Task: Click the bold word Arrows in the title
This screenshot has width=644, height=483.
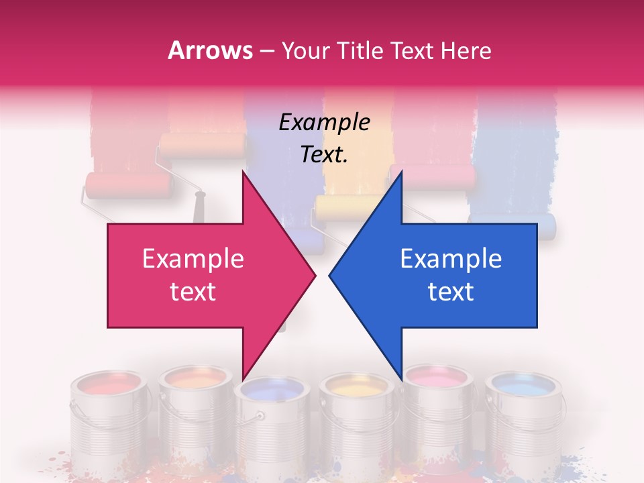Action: [x=211, y=50]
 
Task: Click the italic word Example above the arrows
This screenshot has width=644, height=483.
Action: [x=324, y=123]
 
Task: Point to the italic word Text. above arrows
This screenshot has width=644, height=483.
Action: [x=324, y=154]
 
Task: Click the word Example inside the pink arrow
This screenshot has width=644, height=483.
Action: [x=193, y=259]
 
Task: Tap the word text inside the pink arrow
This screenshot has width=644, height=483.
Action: [x=193, y=292]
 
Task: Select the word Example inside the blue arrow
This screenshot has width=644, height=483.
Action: [x=451, y=259]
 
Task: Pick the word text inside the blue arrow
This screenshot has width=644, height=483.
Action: [x=451, y=292]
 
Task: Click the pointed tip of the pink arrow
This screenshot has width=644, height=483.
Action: [x=315, y=275]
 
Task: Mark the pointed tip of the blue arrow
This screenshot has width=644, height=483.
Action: [x=330, y=275]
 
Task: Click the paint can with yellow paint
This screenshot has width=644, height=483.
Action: [x=354, y=416]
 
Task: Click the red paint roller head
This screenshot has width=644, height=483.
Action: [x=127, y=185]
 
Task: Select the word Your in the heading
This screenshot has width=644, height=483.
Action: [x=305, y=50]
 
